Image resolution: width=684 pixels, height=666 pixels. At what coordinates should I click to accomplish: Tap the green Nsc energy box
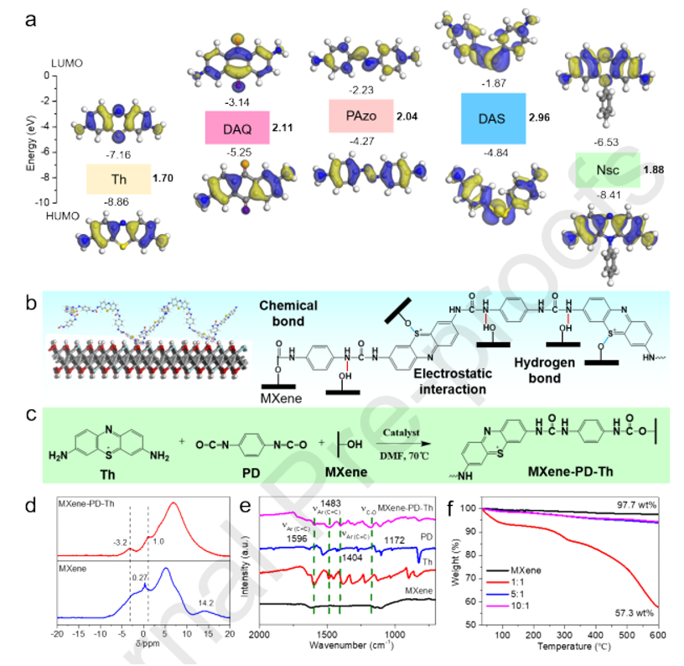pyautogui.click(x=608, y=170)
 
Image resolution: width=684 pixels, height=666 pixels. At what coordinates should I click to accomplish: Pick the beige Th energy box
pyautogui.click(x=118, y=179)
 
